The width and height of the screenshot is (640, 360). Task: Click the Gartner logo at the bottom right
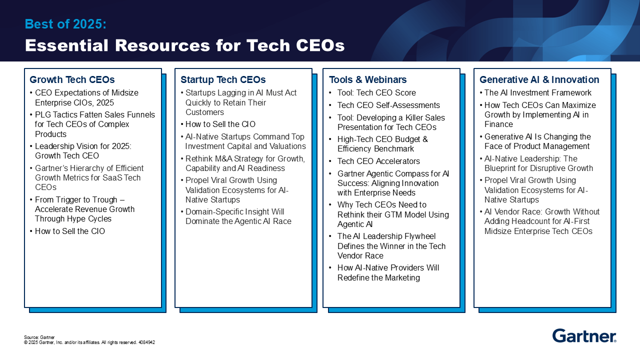click(x=584, y=335)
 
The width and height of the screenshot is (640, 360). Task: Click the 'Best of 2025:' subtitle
click(x=65, y=24)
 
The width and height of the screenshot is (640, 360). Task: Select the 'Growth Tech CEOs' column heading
click(x=72, y=79)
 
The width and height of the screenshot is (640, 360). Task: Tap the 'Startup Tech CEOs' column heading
click(x=223, y=79)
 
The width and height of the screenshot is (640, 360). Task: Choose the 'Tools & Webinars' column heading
click(x=367, y=79)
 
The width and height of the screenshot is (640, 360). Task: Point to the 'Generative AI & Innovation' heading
click(x=539, y=79)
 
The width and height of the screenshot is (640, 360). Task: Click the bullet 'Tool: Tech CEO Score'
click(x=376, y=92)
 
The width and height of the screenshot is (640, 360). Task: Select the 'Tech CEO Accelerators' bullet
click(x=378, y=161)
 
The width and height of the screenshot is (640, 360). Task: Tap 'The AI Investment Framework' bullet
click(x=538, y=92)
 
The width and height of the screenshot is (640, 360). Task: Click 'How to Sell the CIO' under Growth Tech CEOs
click(x=70, y=231)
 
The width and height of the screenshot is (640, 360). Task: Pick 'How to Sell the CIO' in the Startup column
click(x=220, y=124)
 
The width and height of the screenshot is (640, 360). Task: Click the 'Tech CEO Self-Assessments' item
click(x=388, y=105)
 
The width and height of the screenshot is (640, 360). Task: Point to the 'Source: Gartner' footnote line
click(x=39, y=337)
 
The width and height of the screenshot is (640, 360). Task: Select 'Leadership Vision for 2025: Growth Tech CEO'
click(x=83, y=151)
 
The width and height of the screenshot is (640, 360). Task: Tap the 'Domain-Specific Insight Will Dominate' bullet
click(x=238, y=216)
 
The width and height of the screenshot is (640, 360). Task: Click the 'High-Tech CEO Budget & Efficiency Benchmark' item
click(x=382, y=144)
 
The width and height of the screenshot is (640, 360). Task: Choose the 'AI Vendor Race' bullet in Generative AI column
click(x=542, y=221)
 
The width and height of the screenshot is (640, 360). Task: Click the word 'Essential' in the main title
click(x=67, y=45)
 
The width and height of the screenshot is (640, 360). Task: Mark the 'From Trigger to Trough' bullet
click(x=84, y=209)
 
